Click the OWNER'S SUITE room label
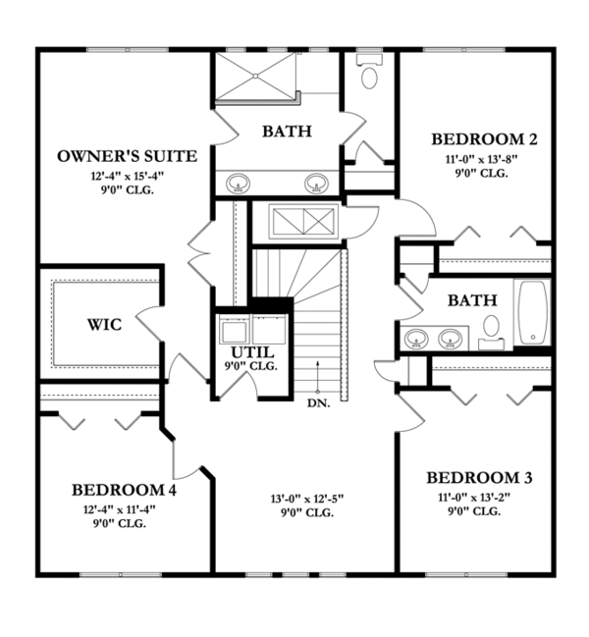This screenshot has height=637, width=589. pos(128,156)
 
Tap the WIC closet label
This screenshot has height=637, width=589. pos(104,325)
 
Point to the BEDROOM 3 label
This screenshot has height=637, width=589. pos(479,478)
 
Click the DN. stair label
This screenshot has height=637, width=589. pos(317,402)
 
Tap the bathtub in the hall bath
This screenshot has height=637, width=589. pos(535,312)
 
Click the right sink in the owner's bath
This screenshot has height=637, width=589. pos(316,183)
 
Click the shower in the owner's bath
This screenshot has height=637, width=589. pos(255,77)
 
